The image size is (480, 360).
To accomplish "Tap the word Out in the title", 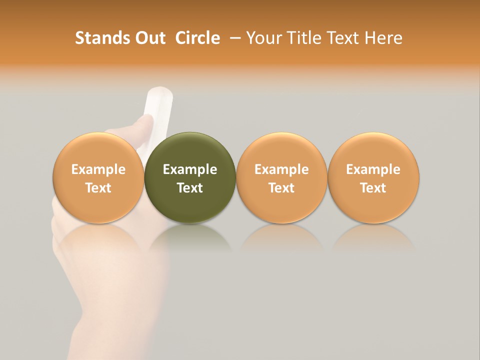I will pyautogui.click(x=149, y=38).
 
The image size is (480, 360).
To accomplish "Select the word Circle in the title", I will pyautogui.click(x=197, y=38).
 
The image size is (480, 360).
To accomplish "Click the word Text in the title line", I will pyautogui.click(x=343, y=38).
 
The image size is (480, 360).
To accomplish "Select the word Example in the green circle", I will pyautogui.click(x=190, y=169).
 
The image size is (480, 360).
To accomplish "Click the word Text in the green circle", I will pyautogui.click(x=190, y=188).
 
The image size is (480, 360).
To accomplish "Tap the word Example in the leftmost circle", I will pyautogui.click(x=98, y=169).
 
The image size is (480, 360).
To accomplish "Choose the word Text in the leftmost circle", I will pyautogui.click(x=98, y=188).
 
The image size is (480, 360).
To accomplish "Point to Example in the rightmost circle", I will pyautogui.click(x=373, y=169).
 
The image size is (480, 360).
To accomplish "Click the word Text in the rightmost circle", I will pyautogui.click(x=373, y=188).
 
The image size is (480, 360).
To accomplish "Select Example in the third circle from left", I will pyautogui.click(x=281, y=169).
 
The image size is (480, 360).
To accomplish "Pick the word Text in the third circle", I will pyautogui.click(x=281, y=188).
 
